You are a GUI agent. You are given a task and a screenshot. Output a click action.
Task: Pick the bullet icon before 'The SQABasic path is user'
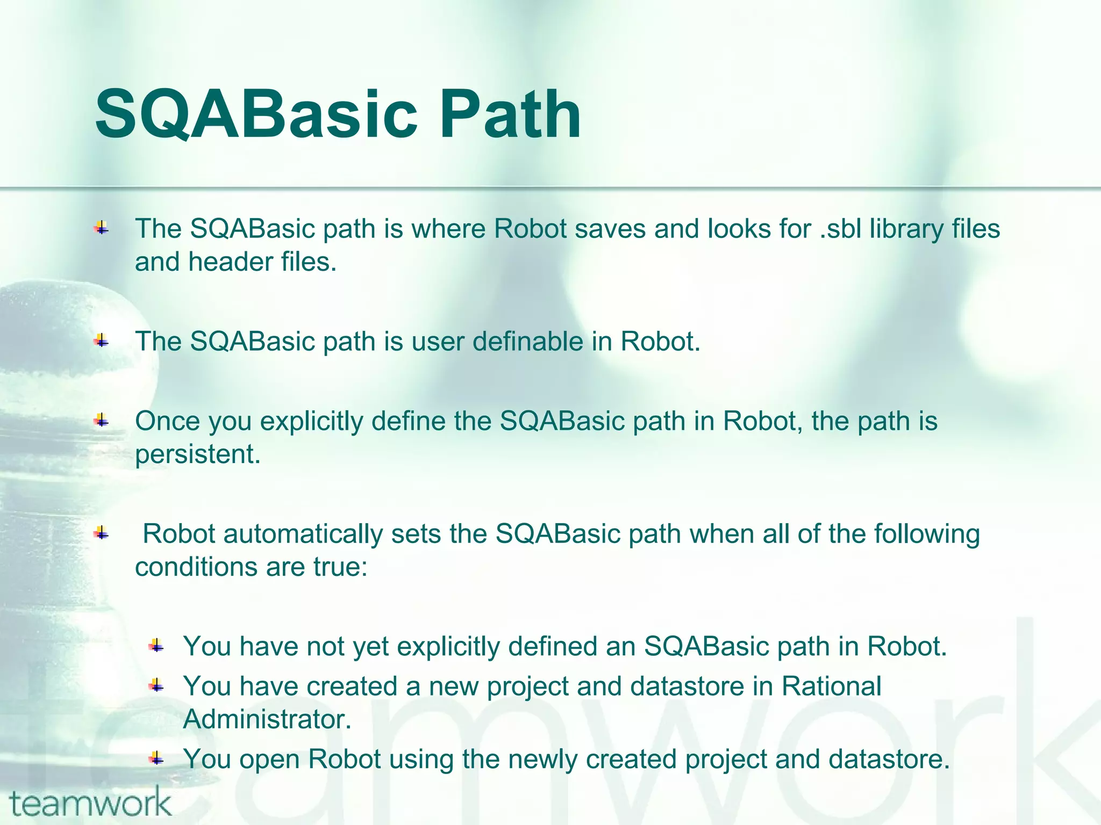coord(101,340)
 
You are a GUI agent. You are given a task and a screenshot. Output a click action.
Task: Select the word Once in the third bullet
coord(167,421)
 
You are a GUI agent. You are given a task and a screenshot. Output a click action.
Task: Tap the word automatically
coord(303,534)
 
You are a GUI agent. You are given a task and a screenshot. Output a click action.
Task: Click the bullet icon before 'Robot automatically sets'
coord(101,533)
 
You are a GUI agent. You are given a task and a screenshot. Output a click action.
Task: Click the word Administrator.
coord(267,720)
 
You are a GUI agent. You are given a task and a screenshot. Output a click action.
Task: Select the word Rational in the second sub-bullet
coord(831,686)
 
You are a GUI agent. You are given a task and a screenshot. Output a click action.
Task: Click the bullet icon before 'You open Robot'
coord(156,758)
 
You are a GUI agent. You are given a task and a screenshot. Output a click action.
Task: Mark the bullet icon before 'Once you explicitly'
coord(101,421)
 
